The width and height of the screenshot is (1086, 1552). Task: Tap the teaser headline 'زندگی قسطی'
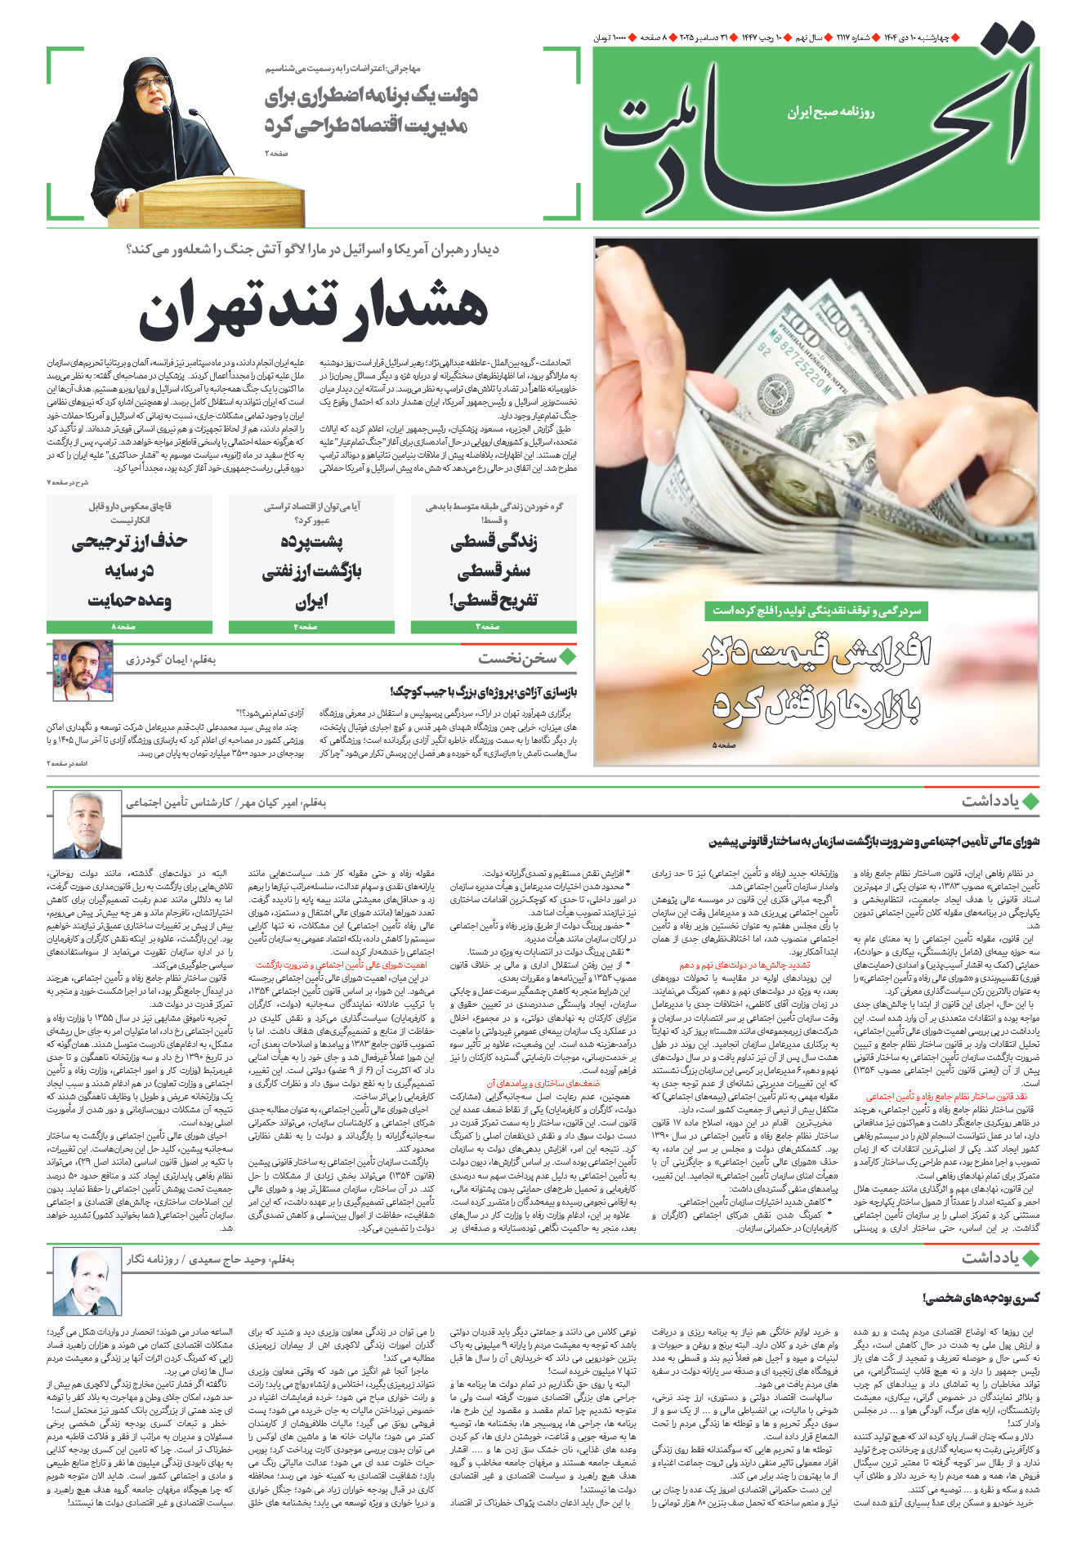click(494, 542)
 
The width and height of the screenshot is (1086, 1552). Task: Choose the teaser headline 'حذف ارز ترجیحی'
click(129, 542)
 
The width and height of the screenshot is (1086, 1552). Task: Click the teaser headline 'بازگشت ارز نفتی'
click(311, 571)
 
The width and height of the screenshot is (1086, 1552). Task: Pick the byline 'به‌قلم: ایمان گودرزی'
click(171, 660)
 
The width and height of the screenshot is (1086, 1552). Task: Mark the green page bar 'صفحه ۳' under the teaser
click(493, 627)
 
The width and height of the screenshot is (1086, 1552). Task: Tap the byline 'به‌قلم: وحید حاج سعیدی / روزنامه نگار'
click(210, 1259)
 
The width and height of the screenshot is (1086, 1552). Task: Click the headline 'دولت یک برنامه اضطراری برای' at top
click(371, 96)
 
